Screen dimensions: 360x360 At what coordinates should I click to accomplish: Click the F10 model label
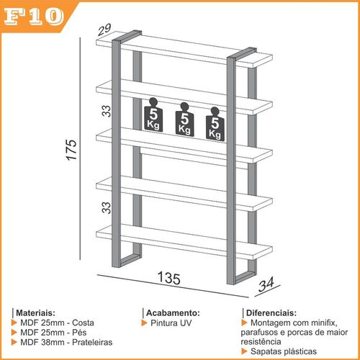click(x=34, y=17)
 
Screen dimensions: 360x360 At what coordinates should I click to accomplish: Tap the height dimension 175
click(x=71, y=150)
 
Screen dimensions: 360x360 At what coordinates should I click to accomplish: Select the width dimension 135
click(x=169, y=278)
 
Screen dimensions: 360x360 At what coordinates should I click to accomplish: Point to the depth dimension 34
click(x=266, y=284)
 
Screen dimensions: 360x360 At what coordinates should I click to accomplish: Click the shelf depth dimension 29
click(x=104, y=30)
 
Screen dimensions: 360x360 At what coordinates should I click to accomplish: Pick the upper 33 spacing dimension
click(x=107, y=111)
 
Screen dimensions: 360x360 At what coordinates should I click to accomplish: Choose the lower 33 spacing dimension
click(x=107, y=207)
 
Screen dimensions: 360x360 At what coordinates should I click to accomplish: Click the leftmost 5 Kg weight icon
click(x=153, y=115)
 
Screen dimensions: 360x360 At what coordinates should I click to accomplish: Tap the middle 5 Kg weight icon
click(x=184, y=120)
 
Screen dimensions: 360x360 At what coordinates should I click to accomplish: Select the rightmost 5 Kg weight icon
click(x=215, y=124)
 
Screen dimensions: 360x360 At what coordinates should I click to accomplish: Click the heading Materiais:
click(x=35, y=313)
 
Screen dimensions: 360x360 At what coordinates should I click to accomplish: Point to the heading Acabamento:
click(x=173, y=313)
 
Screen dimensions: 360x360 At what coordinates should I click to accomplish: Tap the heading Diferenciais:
click(x=271, y=313)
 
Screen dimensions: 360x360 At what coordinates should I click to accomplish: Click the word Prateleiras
click(x=92, y=342)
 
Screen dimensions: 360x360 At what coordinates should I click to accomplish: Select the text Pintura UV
click(x=171, y=323)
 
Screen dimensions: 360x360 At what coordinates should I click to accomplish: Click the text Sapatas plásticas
click(x=284, y=351)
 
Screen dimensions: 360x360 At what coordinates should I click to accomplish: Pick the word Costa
click(x=83, y=323)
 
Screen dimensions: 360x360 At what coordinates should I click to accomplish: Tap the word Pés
click(x=79, y=333)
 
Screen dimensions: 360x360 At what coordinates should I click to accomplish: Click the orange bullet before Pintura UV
click(x=144, y=323)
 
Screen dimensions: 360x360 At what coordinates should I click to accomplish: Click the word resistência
click(x=261, y=342)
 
